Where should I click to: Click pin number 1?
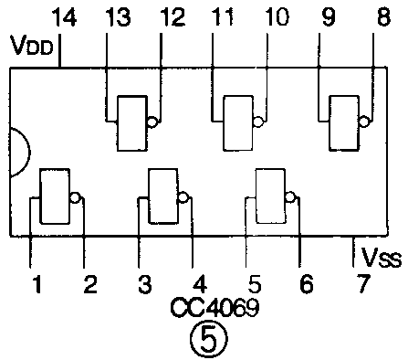[x=37, y=284]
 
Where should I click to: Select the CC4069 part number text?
[x=214, y=308]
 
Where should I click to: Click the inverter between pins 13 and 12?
[x=131, y=122]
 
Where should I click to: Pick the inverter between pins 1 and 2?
[x=55, y=196]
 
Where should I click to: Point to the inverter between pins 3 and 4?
[x=163, y=196]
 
